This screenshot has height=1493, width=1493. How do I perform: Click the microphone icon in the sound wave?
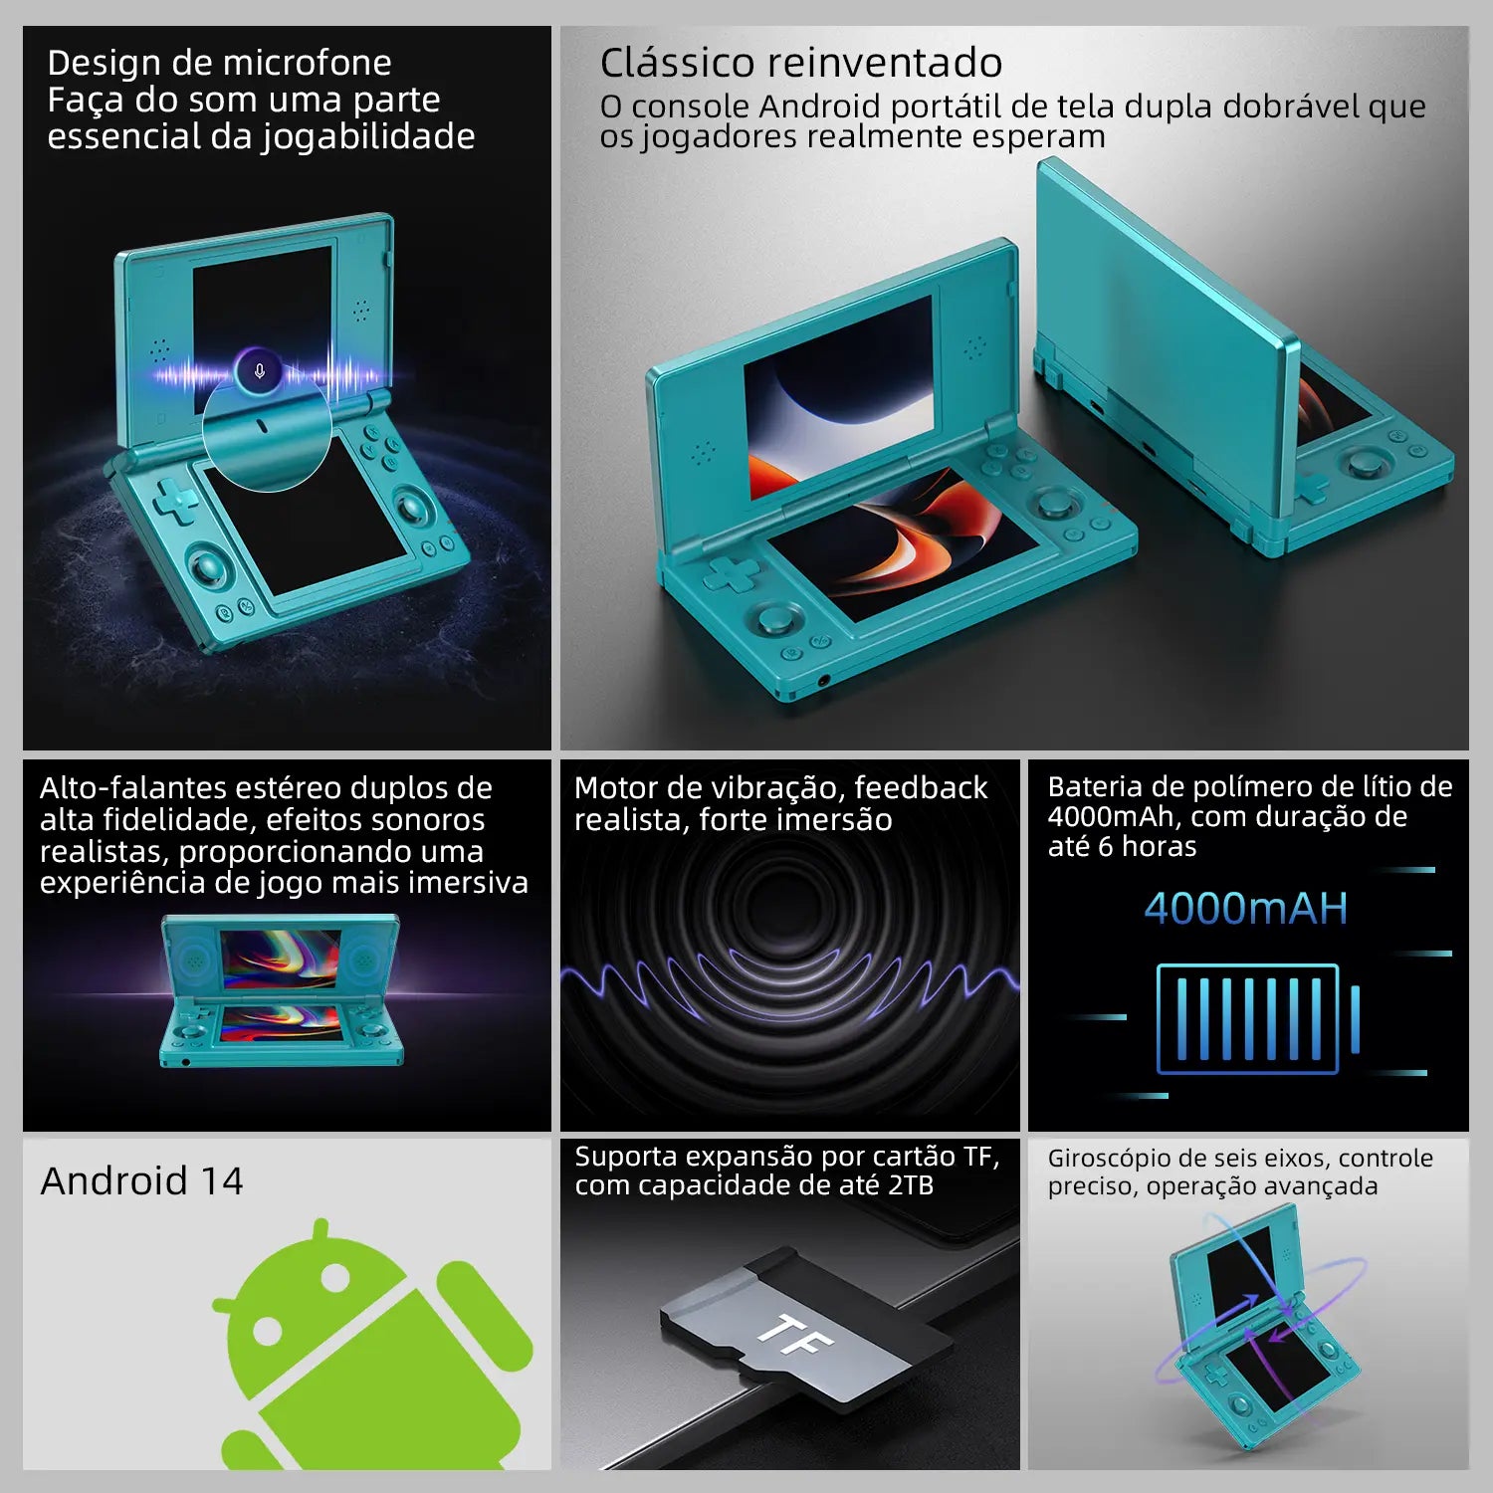pyautogui.click(x=260, y=371)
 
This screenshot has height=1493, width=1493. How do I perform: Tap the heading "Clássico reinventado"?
pyautogui.click(x=800, y=63)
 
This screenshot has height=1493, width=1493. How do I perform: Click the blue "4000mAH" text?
pyautogui.click(x=1245, y=909)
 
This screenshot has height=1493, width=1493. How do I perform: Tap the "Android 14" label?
pyautogui.click(x=141, y=1181)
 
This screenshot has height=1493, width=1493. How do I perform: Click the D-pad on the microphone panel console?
pyautogui.click(x=175, y=500)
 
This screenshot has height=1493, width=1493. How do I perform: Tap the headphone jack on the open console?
pyautogui.click(x=823, y=681)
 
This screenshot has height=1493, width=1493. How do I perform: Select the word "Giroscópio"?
pyautogui.click(x=1107, y=1160)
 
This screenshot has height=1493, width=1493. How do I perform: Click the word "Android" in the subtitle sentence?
pyautogui.click(x=819, y=107)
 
